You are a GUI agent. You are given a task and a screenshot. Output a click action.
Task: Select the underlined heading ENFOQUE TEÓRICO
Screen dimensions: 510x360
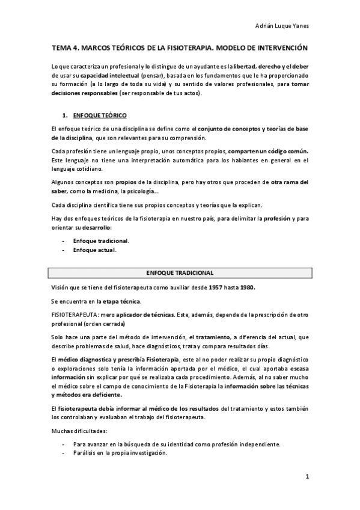point(99,115)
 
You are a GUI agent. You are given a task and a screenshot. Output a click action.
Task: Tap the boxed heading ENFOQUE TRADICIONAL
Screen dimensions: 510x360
point(180,273)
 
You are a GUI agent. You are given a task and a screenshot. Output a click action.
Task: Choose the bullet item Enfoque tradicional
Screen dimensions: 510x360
point(101,241)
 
